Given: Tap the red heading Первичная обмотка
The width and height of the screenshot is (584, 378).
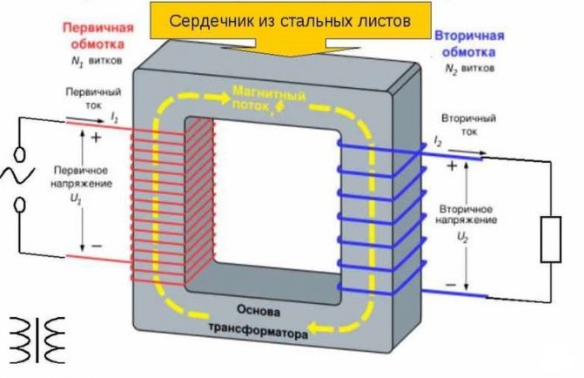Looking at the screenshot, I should pos(96,34).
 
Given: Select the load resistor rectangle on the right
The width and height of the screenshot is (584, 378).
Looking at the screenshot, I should pos(551,240).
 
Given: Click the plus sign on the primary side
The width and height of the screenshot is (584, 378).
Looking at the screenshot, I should pos(94,137).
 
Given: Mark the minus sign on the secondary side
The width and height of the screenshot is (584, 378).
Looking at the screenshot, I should pos(451,285).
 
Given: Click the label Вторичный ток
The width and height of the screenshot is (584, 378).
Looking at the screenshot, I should pos(469,125).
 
